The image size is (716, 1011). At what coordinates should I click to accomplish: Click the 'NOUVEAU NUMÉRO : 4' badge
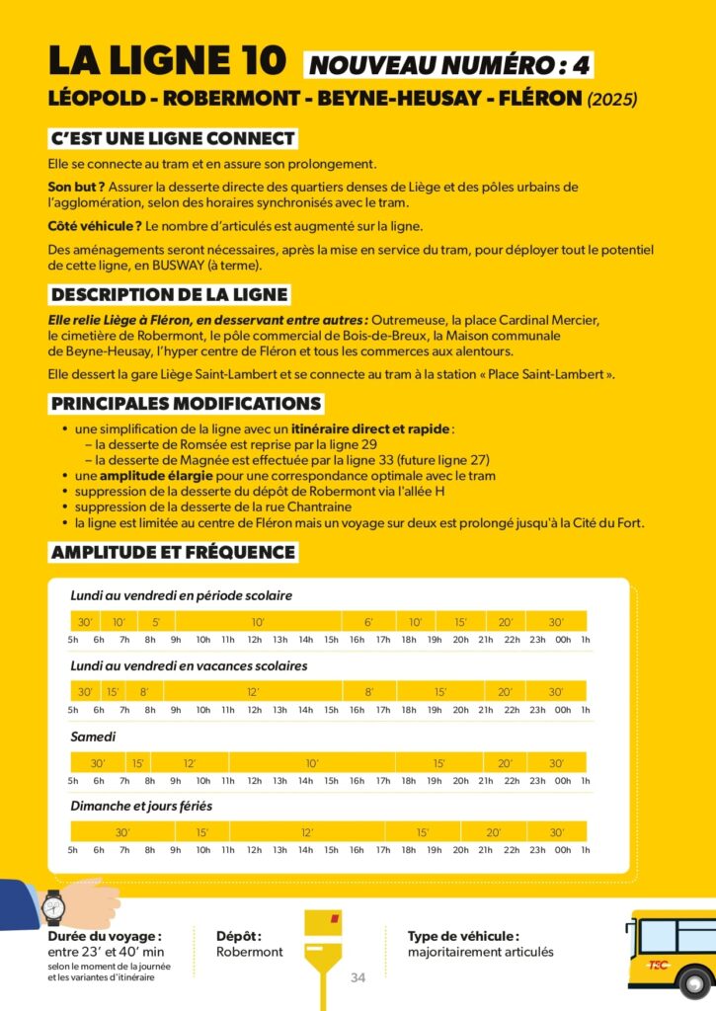coord(450,64)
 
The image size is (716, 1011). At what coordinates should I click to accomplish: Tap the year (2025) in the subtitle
coord(612,100)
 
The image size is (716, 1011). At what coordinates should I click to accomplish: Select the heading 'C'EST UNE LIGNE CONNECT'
coord(172,138)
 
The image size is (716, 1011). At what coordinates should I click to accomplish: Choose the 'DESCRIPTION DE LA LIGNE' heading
coord(169,294)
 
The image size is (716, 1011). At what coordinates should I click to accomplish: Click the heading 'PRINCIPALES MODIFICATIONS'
coord(186,404)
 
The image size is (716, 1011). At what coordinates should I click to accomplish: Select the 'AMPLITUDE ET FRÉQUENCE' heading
coord(173,552)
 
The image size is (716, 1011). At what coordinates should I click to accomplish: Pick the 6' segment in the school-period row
coord(368,622)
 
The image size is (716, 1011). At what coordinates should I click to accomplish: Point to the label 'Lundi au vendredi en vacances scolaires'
coord(189,665)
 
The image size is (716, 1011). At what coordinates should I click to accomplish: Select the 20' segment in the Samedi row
coord(505,763)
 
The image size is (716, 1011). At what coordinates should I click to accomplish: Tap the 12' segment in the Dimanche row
coord(307,832)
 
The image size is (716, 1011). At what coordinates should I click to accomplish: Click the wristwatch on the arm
coord(53,905)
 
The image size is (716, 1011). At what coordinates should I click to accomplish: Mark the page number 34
coord(358,977)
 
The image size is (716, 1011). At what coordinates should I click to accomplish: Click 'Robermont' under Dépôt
coord(250,952)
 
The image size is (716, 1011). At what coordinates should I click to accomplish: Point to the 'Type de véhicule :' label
coord(463,935)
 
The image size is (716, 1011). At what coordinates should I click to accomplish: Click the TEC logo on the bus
coord(658,965)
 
